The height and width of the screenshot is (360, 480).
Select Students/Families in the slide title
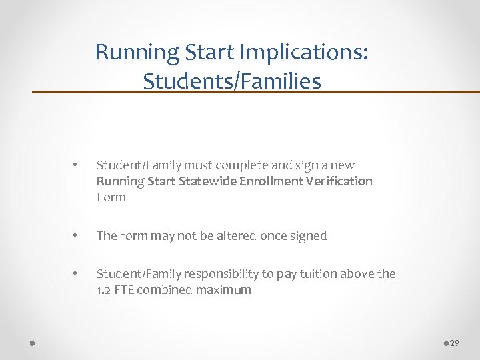(x=231, y=81)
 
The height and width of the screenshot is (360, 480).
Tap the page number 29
(x=455, y=343)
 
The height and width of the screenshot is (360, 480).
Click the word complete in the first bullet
(x=233, y=165)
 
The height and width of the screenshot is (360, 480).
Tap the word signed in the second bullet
(x=309, y=236)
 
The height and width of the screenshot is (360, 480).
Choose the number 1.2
(x=105, y=290)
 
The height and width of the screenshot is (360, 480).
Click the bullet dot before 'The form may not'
(x=77, y=236)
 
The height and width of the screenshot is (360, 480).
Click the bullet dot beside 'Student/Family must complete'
(x=77, y=165)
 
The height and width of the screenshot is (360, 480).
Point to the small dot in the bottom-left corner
(x=33, y=343)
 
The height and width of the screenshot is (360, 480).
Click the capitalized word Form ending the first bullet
(x=111, y=197)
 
